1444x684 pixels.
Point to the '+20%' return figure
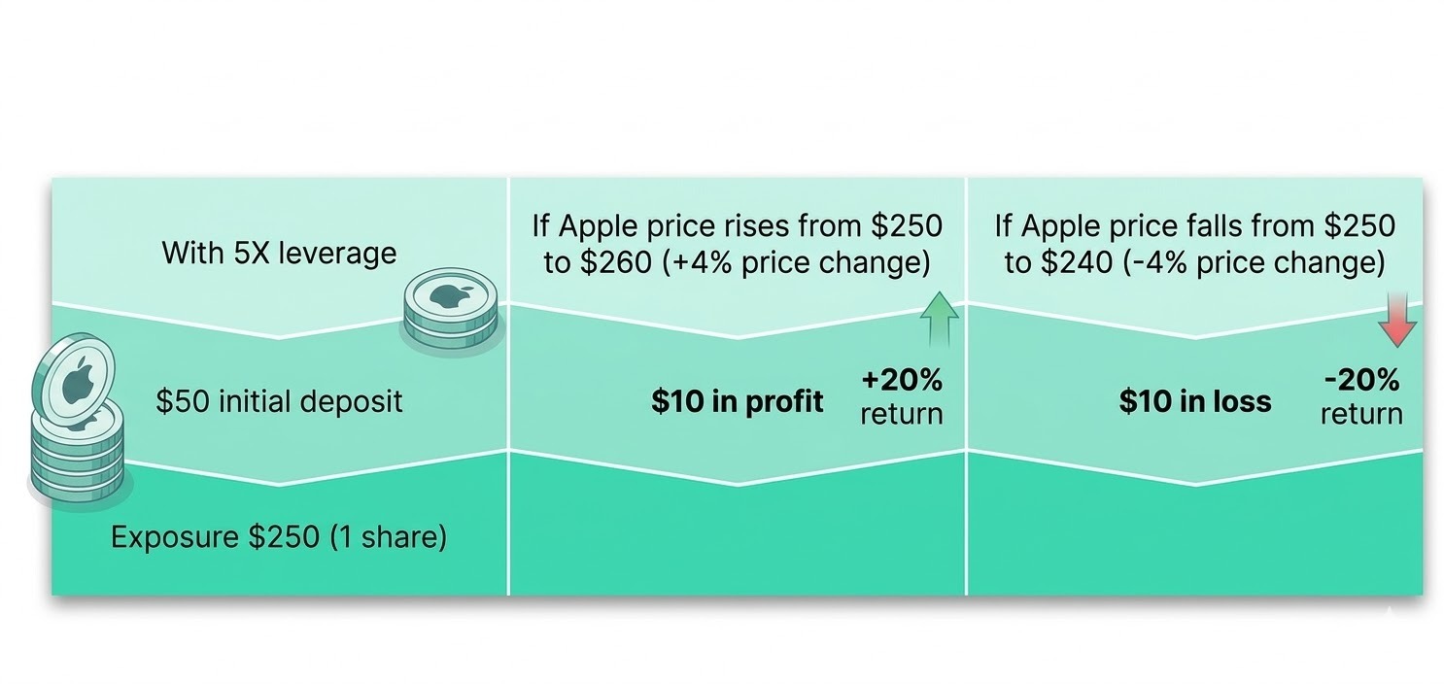[901, 380]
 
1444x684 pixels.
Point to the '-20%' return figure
[1361, 380]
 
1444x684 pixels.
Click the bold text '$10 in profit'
[737, 401]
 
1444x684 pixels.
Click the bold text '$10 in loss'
[1194, 401]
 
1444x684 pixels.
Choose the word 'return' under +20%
[901, 414]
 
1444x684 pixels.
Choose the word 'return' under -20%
[1361, 414]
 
